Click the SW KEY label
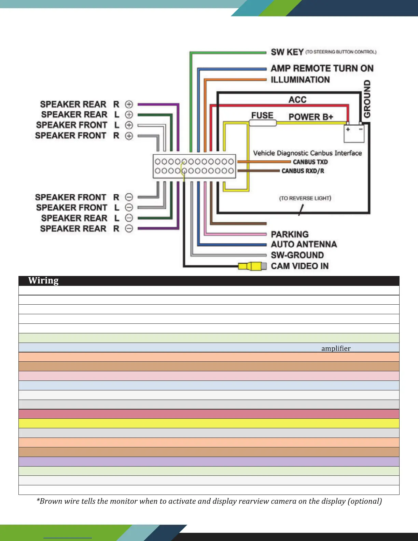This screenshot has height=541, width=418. (x=287, y=52)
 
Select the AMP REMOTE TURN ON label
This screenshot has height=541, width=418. (x=322, y=68)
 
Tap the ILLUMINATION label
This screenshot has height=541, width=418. (x=300, y=80)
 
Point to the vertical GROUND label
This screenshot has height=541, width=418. (x=367, y=99)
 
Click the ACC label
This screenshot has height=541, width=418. (x=297, y=100)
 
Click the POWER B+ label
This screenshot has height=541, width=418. (x=311, y=117)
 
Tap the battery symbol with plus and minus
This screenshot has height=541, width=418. (x=354, y=134)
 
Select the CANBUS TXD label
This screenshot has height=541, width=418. (x=310, y=162)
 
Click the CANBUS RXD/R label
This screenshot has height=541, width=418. (x=303, y=171)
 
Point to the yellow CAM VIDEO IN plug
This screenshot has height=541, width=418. (x=252, y=266)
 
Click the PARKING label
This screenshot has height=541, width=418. (x=290, y=234)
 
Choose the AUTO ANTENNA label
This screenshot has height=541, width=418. (x=304, y=244)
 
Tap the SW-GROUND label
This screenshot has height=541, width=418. (x=297, y=255)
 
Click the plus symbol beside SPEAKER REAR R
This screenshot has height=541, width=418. (x=129, y=104)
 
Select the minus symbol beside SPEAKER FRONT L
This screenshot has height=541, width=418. (x=129, y=207)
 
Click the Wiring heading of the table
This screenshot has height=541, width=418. (x=43, y=281)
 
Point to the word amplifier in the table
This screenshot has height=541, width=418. (x=336, y=348)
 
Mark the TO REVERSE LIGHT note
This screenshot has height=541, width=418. (x=305, y=198)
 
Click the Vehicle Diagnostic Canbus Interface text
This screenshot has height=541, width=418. (x=307, y=153)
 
